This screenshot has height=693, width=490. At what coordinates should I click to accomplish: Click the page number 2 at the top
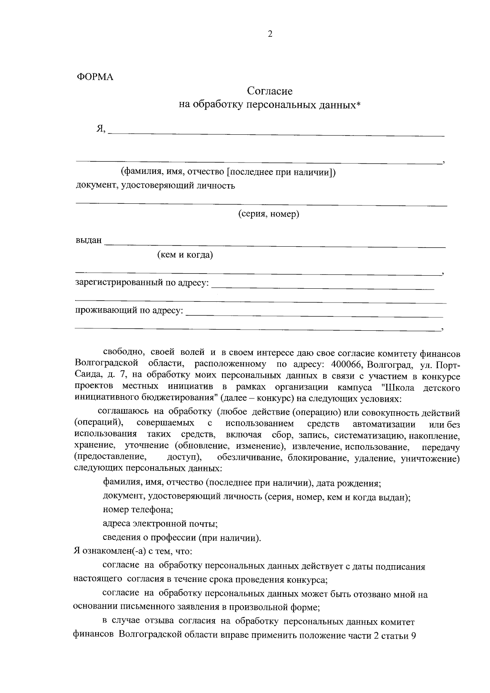point(269,34)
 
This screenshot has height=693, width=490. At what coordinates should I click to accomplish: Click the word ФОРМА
point(95,77)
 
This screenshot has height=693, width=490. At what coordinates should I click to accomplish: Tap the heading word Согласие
point(270,91)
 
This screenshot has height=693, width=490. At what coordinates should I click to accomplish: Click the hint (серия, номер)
point(269,214)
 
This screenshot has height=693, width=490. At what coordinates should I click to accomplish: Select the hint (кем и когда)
point(185,255)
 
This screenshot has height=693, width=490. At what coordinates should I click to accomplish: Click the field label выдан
point(88,240)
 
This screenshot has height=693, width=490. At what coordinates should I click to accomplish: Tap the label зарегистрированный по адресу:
point(142,283)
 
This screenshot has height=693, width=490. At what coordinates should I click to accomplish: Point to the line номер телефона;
point(138,510)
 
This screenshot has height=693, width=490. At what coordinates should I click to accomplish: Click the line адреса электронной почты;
point(160,524)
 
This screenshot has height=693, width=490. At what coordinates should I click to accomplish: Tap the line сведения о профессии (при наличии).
point(182,538)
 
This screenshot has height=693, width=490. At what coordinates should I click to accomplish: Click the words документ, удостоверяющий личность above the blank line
point(156,186)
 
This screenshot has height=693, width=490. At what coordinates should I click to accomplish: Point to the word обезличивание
point(250,458)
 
